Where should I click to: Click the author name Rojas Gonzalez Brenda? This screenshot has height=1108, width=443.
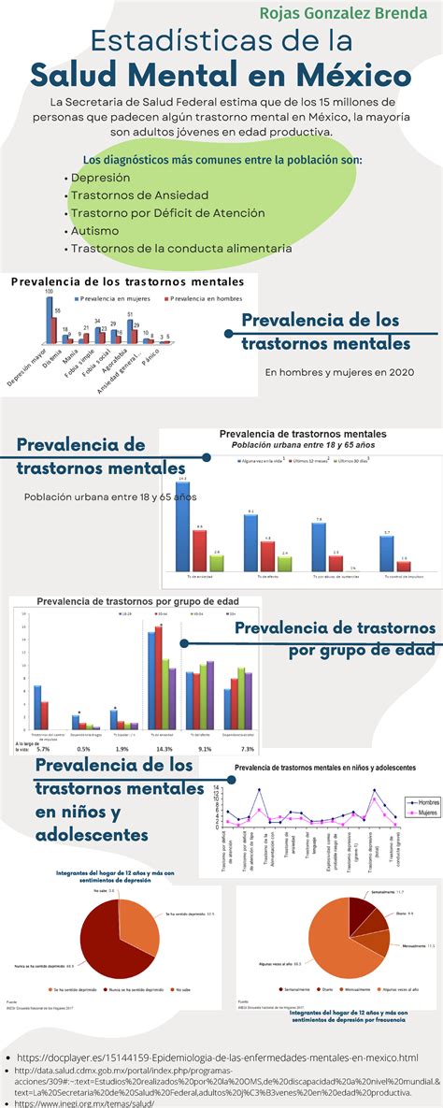(x=343, y=14)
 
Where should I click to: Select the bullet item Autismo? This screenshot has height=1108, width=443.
(x=94, y=230)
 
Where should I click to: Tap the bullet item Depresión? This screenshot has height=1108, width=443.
(x=101, y=177)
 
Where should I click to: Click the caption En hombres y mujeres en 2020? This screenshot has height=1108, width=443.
(x=338, y=372)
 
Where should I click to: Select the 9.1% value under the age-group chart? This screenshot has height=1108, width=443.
(x=206, y=749)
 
